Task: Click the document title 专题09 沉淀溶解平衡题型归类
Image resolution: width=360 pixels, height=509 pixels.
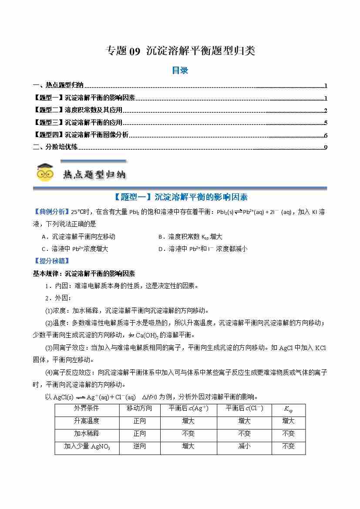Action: point(180,51)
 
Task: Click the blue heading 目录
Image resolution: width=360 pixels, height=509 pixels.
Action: point(180,70)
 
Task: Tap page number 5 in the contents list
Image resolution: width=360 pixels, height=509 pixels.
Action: point(326,123)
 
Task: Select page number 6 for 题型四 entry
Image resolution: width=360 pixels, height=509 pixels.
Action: point(326,135)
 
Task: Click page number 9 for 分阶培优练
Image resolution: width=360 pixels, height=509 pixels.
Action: point(326,147)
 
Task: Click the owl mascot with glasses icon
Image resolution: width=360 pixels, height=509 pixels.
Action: point(45,172)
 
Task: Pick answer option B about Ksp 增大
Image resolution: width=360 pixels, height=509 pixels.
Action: point(190,237)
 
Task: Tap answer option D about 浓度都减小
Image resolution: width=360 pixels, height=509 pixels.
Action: point(202,249)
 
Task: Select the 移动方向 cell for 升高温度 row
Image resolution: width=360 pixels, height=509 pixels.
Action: point(140,421)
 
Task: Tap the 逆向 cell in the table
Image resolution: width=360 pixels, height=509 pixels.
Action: point(140,446)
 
